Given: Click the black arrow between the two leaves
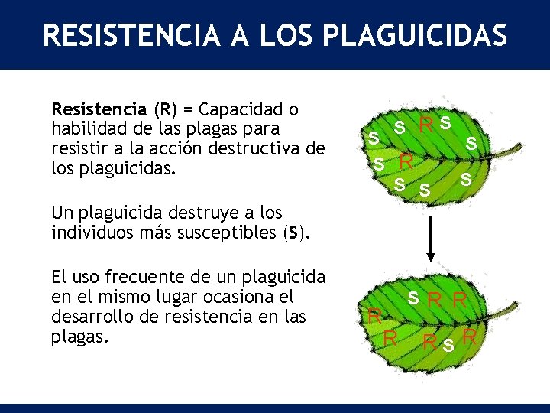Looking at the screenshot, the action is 431,237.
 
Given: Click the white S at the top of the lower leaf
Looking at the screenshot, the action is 412,296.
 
